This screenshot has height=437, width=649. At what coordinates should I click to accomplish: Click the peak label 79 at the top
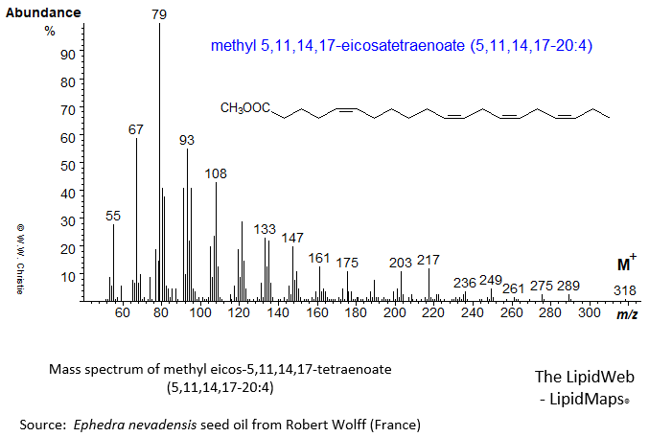[x=159, y=14]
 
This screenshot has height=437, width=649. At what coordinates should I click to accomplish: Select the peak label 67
[x=136, y=129]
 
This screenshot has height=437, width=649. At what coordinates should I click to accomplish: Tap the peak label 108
[x=216, y=174]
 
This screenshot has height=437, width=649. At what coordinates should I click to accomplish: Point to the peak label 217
[x=429, y=261]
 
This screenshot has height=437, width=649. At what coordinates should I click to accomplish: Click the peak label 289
[x=568, y=286]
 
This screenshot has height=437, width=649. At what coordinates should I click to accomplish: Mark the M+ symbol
[x=625, y=264]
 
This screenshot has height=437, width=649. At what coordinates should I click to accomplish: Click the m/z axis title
[x=626, y=314]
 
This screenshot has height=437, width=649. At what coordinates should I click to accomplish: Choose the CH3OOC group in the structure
[x=245, y=109]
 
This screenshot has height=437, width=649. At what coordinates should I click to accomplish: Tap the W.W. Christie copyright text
[x=18, y=260]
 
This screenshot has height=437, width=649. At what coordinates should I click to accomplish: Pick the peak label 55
[x=113, y=217]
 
